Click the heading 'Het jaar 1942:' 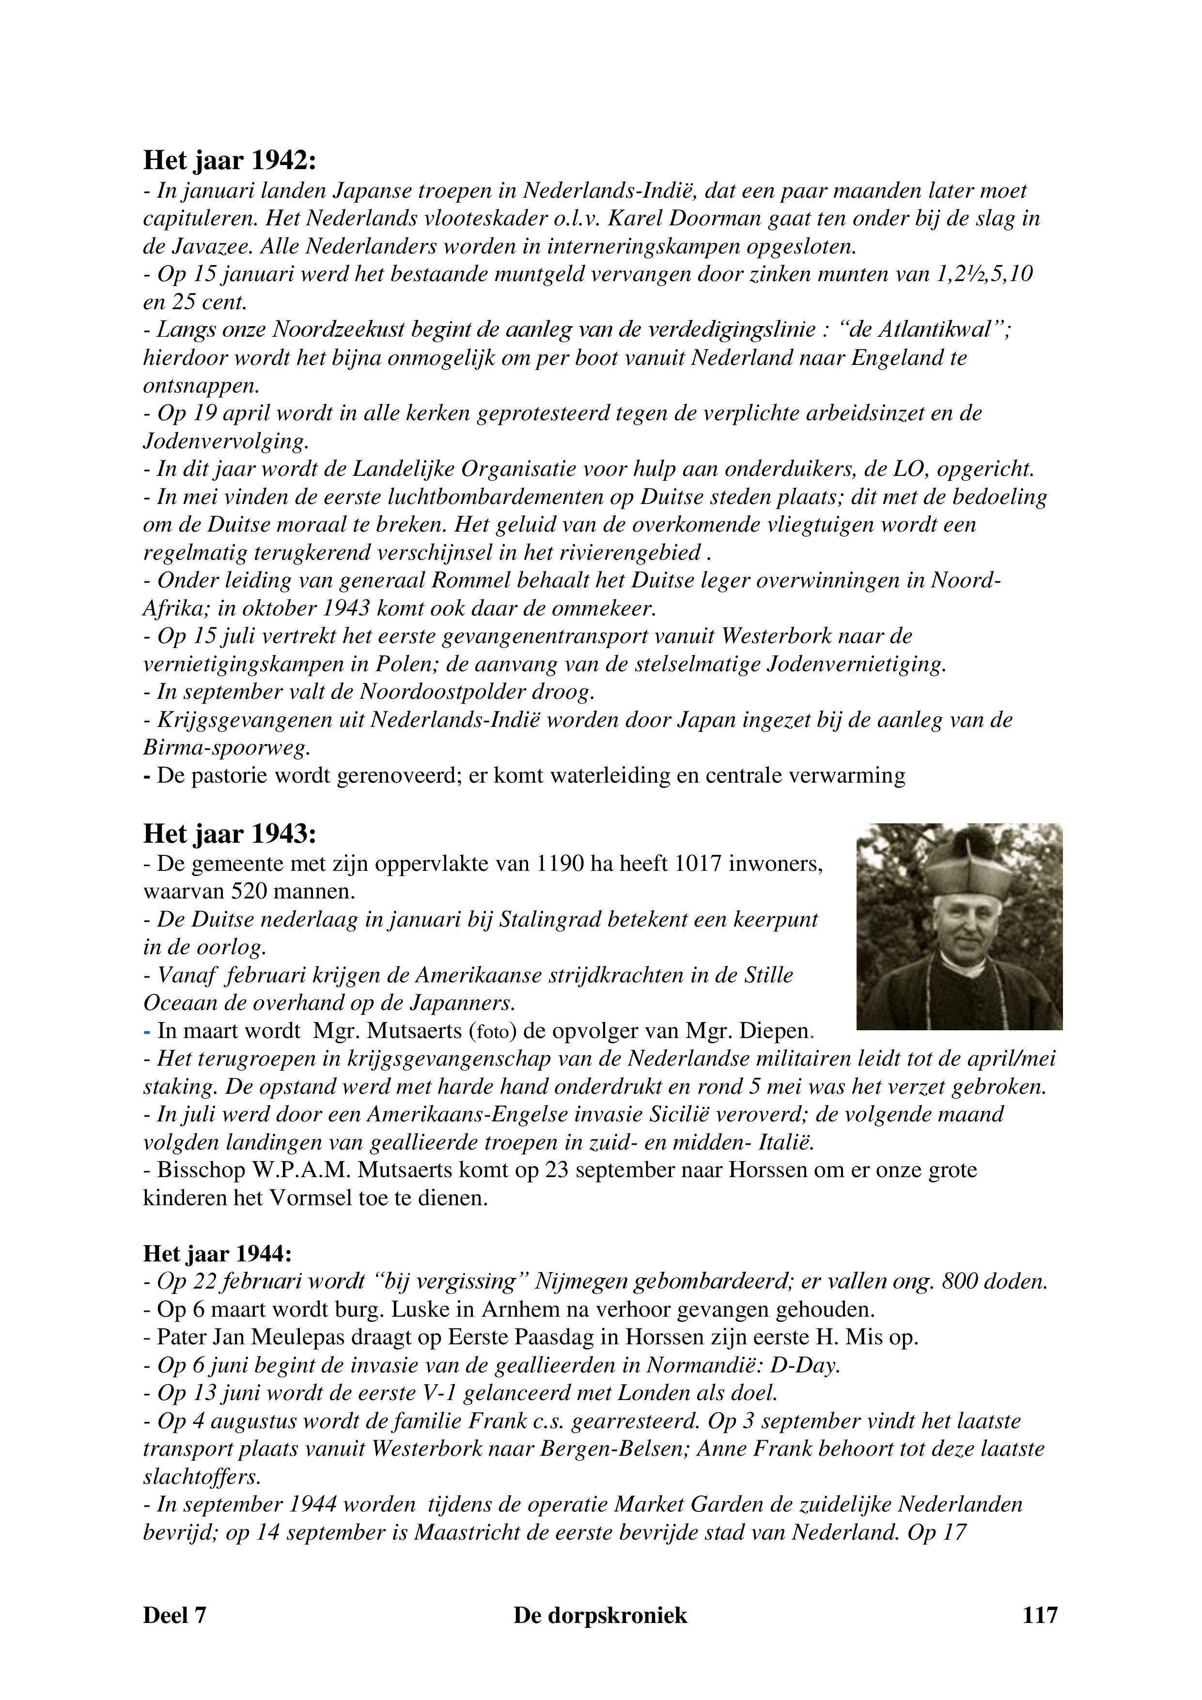coord(230,161)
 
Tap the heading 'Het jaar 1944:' coord(218,1254)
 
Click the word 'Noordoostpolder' coord(449,693)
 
